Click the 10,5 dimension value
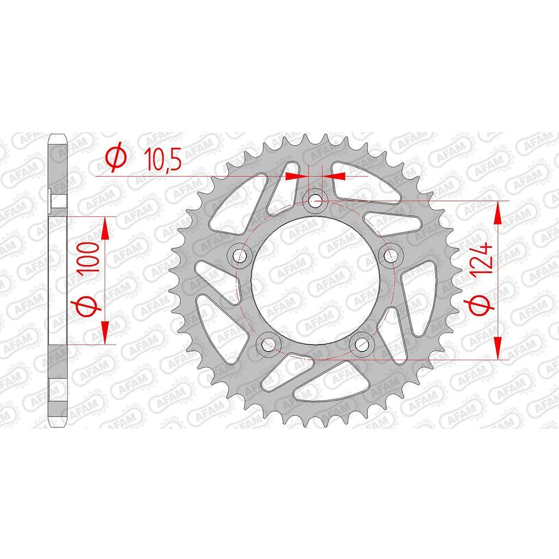(x=162, y=159)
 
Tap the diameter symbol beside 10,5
(x=116, y=157)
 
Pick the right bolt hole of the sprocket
(x=390, y=254)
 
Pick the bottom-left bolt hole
(x=269, y=344)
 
